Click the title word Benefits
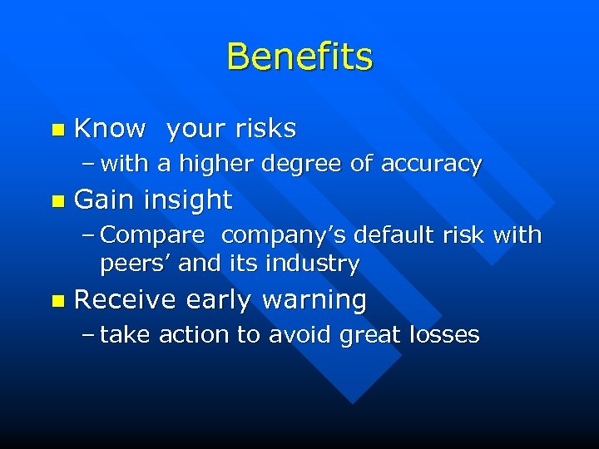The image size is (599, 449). pos(299,57)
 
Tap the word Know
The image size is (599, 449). pos(110,128)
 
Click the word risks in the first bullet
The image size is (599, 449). pos(265,128)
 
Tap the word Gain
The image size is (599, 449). pos(106,200)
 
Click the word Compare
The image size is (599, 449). pos(152,235)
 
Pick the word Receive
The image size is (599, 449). pos(126,299)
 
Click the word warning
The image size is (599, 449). pos(314,299)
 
